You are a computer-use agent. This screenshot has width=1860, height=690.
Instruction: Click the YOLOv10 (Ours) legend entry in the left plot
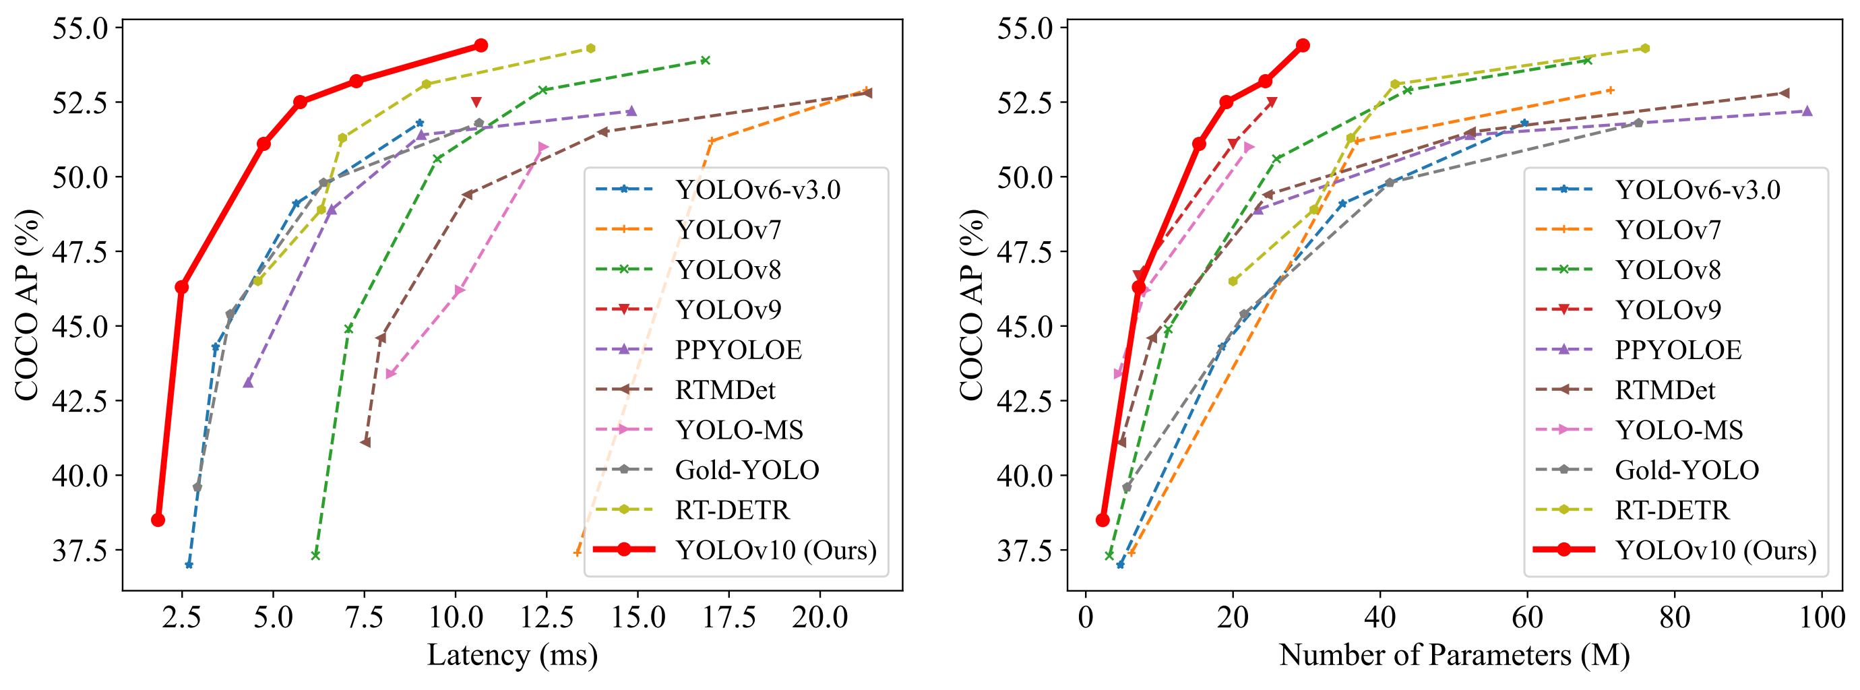click(x=776, y=550)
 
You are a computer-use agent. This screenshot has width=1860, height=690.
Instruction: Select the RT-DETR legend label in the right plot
click(x=1672, y=510)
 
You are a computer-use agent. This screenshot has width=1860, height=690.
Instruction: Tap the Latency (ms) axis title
click(x=513, y=656)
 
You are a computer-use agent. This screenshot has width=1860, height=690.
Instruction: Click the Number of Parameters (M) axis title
click(x=1454, y=656)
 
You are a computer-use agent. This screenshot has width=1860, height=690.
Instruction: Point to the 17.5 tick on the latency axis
click(x=728, y=618)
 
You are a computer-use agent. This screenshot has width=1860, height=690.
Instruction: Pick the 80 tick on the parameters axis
click(x=1675, y=618)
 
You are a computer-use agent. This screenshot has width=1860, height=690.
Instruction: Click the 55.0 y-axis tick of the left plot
click(x=80, y=28)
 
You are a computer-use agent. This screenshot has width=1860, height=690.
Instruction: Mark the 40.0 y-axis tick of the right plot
click(x=1024, y=475)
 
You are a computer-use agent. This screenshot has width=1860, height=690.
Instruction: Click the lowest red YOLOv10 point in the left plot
click(x=158, y=520)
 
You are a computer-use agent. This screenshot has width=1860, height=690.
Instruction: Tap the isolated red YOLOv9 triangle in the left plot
click(x=476, y=102)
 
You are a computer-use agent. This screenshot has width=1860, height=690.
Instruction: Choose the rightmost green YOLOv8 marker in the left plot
click(x=706, y=60)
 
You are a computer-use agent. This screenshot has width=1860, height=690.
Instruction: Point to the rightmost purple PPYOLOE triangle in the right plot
click(x=1807, y=111)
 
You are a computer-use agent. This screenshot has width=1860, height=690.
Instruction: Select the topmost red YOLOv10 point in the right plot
click(x=1303, y=45)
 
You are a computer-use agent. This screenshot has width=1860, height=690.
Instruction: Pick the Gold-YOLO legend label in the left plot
click(x=747, y=470)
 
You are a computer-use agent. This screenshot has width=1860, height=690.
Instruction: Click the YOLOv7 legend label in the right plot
click(x=1668, y=230)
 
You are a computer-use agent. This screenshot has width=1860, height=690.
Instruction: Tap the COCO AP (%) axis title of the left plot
click(x=27, y=305)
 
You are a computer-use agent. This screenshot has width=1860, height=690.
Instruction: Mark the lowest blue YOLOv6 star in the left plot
click(x=189, y=565)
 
